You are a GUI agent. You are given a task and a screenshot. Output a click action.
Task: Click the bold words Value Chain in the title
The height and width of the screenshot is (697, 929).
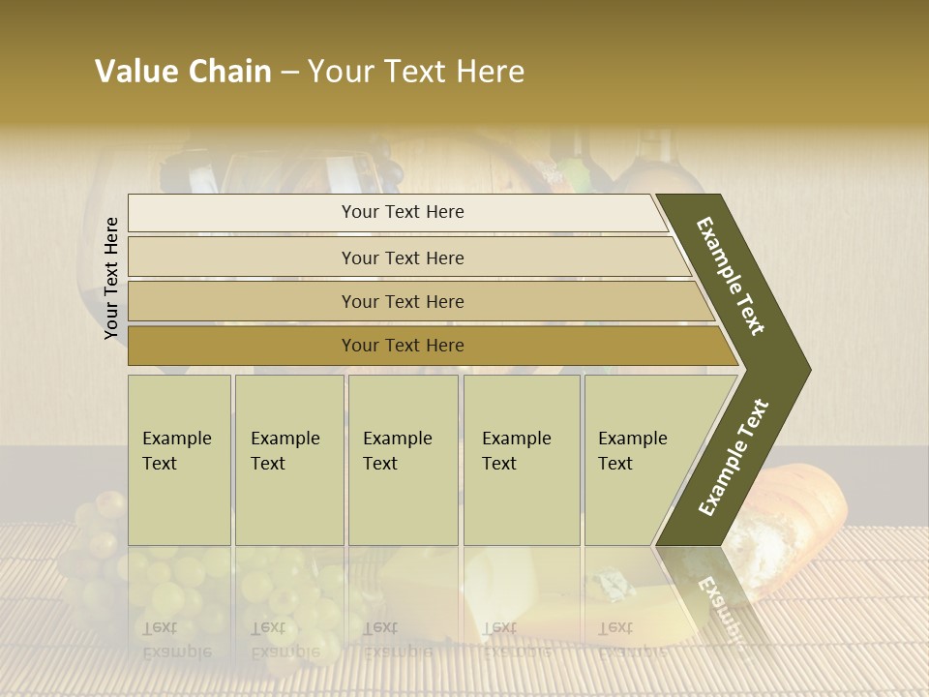pos(183,72)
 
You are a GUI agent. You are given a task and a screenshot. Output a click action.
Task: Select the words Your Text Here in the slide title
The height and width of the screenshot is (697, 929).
pos(416,72)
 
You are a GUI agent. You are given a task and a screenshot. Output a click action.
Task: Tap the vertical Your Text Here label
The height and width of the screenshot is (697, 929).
pos(111,278)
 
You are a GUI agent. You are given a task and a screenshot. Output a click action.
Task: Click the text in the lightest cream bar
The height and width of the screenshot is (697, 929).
pos(403,212)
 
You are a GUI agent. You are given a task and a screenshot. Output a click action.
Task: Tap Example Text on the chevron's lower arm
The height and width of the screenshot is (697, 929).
pos(734,457)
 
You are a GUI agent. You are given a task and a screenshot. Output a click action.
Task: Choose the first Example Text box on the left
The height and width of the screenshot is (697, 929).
pos(179,459)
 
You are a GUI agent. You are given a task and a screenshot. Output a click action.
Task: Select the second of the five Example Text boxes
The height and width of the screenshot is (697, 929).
pos(288,459)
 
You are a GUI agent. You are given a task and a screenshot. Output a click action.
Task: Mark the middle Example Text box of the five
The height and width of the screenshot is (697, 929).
pos(403,459)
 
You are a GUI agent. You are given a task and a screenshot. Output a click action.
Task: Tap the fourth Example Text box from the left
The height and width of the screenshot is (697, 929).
pos(522,459)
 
